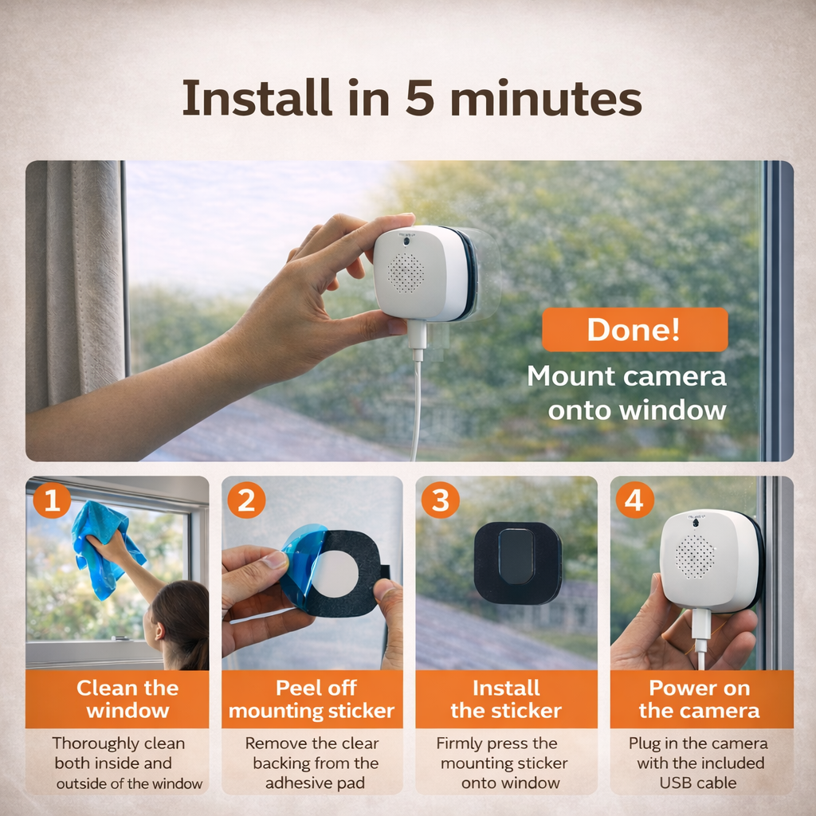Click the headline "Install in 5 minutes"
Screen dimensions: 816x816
(411, 99)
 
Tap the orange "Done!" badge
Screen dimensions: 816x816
(634, 330)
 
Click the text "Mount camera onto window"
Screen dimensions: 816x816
(626, 392)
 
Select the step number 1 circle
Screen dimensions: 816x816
(52, 500)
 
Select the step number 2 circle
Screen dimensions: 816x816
(246, 500)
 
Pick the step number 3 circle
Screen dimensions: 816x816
(440, 500)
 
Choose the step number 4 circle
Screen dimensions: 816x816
(634, 500)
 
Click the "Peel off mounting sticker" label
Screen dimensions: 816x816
(312, 699)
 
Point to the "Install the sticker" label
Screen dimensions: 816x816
(506, 699)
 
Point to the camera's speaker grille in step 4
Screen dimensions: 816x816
(695, 555)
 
